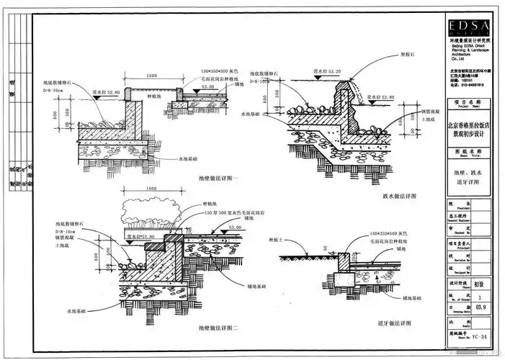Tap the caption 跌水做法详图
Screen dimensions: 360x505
[x=402, y=196]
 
